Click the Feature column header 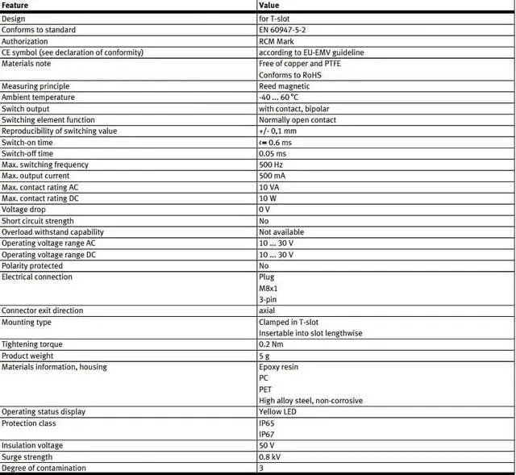[x=15, y=6]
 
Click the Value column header [x=269, y=6]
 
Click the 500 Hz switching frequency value [x=272, y=165]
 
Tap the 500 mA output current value [x=273, y=176]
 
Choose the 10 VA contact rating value [x=269, y=187]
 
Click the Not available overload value [x=281, y=232]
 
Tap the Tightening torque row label [x=32, y=344]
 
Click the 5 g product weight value [x=264, y=356]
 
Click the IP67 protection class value [x=267, y=434]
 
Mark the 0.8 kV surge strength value [x=270, y=456]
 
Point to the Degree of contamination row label [x=44, y=468]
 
